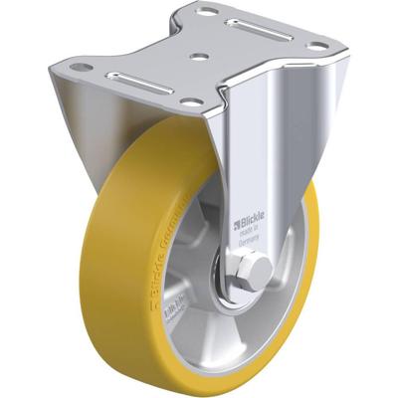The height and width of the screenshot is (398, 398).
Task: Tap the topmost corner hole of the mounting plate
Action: click(210, 12)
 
